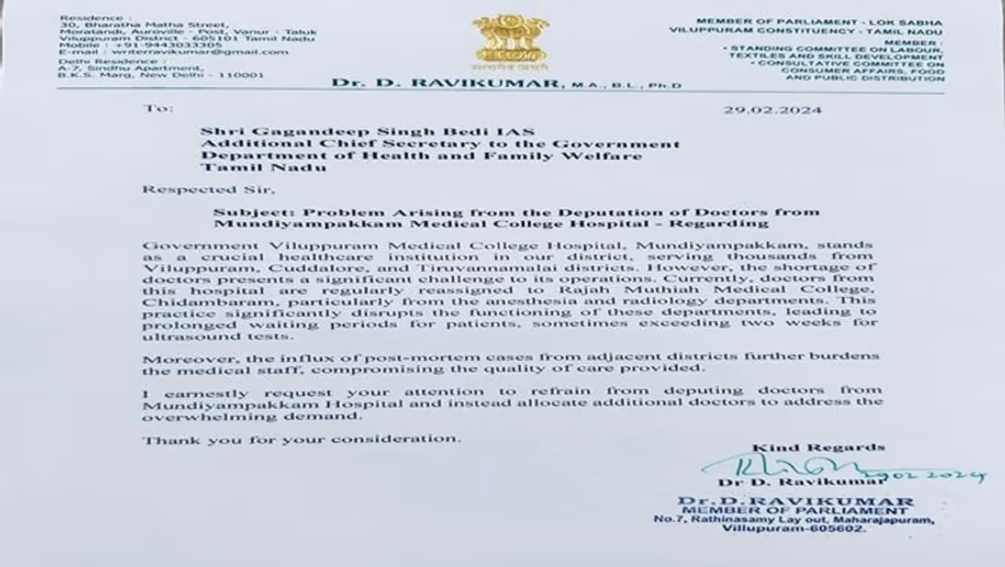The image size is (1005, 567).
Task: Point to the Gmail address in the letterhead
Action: point(199,53)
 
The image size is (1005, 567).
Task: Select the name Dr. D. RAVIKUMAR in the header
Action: point(446,83)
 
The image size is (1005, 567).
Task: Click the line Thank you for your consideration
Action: point(301,439)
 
